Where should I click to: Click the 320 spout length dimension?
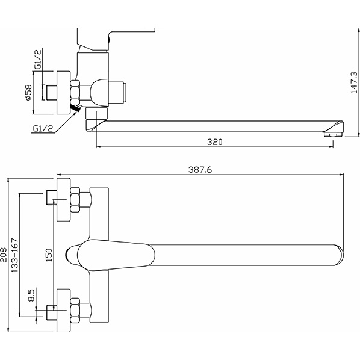(215, 142)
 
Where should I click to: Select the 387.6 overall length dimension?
(200, 170)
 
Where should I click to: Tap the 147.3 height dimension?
(354, 82)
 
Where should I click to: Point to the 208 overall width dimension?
(4, 255)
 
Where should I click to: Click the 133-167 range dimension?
(15, 255)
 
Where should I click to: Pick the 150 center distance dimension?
(49, 255)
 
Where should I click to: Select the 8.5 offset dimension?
(31, 295)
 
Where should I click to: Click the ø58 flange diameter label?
(28, 92)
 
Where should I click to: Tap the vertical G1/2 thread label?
(38, 59)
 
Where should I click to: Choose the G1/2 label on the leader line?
(43, 128)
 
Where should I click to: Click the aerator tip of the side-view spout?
(334, 134)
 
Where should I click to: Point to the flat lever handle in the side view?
(116, 39)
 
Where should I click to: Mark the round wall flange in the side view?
(63, 92)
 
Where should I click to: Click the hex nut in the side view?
(75, 93)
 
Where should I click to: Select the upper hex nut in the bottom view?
(75, 200)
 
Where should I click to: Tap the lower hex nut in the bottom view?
(75, 311)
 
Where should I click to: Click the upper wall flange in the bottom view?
(63, 200)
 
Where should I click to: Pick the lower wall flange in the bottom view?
(63, 311)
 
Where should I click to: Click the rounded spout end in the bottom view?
(340, 255)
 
